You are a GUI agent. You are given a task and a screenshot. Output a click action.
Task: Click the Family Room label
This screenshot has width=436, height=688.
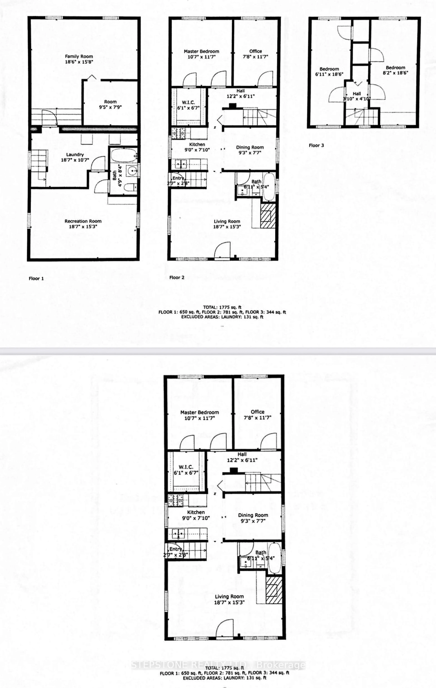79,56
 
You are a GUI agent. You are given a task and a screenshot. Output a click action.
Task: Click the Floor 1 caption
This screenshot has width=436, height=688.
36,278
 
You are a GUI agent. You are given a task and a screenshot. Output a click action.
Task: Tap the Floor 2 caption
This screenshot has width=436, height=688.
177,277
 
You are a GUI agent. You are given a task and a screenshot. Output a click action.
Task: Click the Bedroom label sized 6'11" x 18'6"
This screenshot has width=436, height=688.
329,69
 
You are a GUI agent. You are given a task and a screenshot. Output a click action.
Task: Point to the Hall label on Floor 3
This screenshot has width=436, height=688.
357,93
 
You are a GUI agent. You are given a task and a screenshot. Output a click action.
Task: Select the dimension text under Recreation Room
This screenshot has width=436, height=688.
83,227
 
